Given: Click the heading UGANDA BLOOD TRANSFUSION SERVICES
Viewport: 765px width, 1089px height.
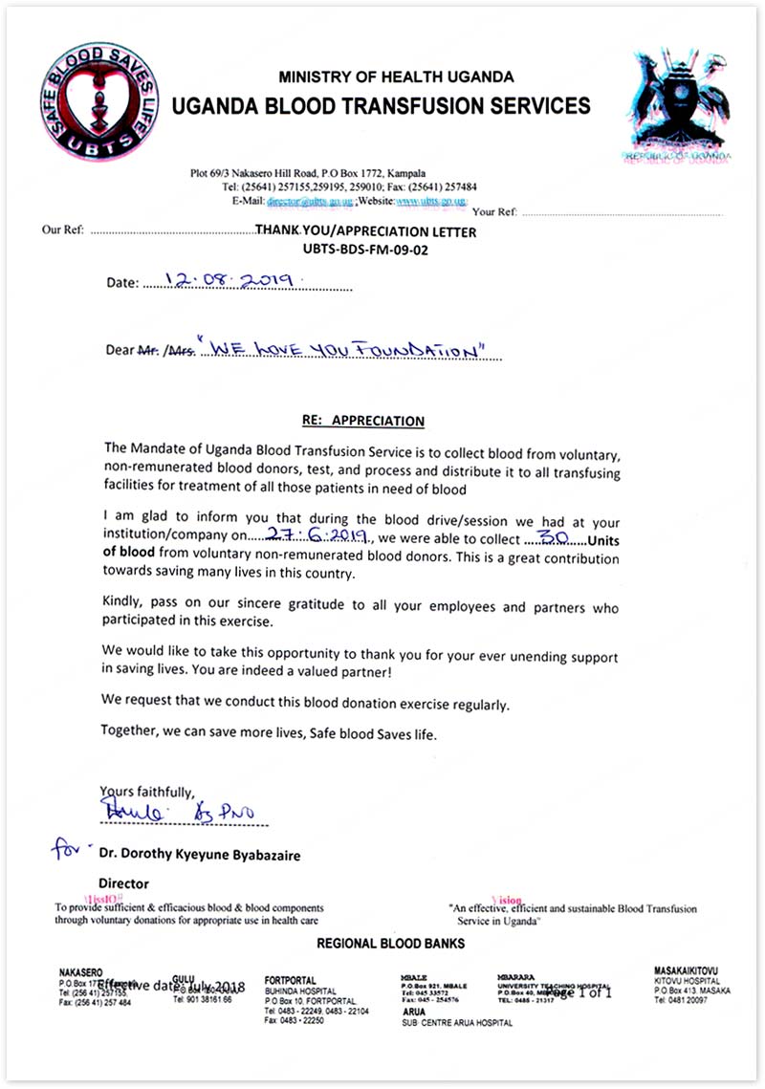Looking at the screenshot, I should pos(381,105).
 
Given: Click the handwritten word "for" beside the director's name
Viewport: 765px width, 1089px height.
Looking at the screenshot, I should pos(73,849).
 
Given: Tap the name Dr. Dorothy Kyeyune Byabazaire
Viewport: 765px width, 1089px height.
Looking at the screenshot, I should pos(199,856).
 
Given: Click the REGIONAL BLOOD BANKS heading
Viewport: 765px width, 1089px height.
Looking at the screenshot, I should pos(390,944).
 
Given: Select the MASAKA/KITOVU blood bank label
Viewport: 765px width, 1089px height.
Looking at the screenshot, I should pos(686,969).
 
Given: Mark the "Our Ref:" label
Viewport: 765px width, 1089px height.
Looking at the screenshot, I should pos(63,231).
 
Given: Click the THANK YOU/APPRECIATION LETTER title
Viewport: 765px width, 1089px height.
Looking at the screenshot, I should pos(366,231).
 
